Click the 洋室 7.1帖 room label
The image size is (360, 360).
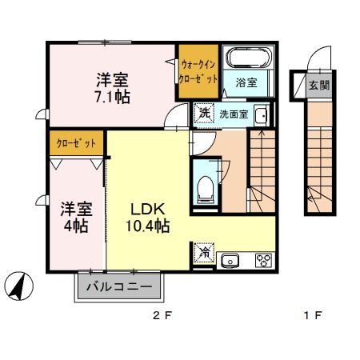pyautogui.click(x=114, y=88)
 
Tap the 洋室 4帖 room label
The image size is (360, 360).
pyautogui.click(x=76, y=216)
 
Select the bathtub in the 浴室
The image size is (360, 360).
pyautogui.click(x=247, y=59)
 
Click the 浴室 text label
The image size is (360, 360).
pyautogui.click(x=246, y=82)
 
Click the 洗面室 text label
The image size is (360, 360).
pyautogui.click(x=234, y=114)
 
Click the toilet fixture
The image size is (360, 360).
pyautogui.click(x=205, y=187)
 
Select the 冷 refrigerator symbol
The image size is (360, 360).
pyautogui.click(x=205, y=253)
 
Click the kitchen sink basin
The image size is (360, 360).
pyautogui.click(x=231, y=259)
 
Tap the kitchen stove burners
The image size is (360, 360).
pyautogui.click(x=262, y=259)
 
